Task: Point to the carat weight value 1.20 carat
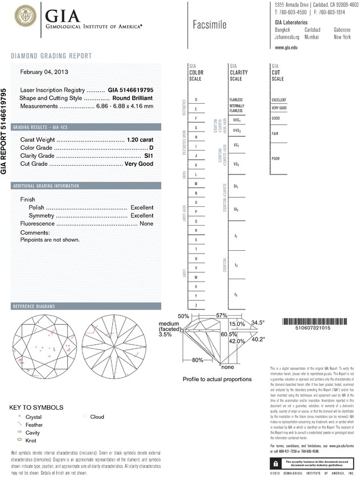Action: click(x=141, y=140)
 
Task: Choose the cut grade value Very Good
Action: click(x=140, y=164)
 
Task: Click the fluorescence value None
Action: click(x=146, y=224)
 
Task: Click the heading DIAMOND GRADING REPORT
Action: click(x=51, y=56)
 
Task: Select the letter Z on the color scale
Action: click(x=196, y=306)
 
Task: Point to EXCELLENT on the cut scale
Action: click(x=279, y=100)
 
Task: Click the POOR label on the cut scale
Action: click(x=276, y=158)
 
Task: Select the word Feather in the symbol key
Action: click(x=35, y=425)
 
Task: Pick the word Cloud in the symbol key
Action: click(x=97, y=417)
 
